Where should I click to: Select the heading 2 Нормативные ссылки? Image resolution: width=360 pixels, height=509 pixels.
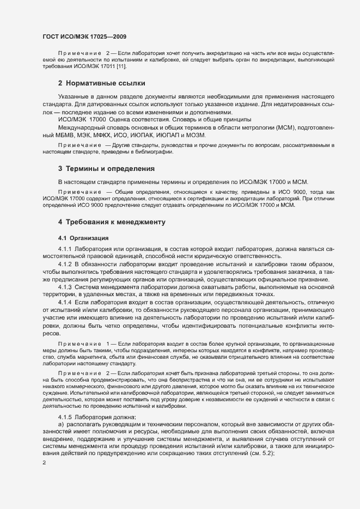pyautogui.click(x=102, y=83)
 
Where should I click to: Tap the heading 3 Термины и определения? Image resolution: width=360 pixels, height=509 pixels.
pyautogui.click(x=106, y=169)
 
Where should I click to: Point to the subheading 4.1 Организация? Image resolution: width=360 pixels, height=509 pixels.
pyautogui.click(x=83, y=238)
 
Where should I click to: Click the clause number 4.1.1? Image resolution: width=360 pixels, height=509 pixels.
pyautogui.click(x=65, y=249)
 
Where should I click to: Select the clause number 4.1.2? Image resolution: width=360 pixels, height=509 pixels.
pyautogui.click(x=65, y=263)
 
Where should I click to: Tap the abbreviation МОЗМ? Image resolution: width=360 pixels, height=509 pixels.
pyautogui.click(x=194, y=134)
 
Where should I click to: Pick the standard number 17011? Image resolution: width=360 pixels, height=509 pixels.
pyautogui.click(x=107, y=66)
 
